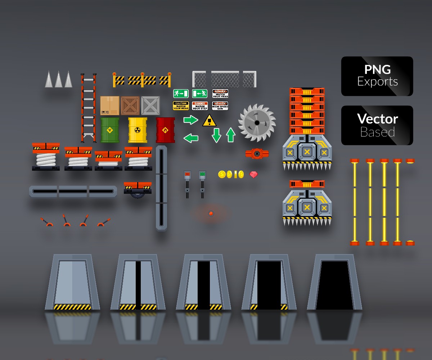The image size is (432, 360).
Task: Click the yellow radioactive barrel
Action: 138,130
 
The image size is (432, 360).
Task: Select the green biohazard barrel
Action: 110,130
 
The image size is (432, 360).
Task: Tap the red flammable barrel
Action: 165,130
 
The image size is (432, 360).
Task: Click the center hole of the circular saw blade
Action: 257,123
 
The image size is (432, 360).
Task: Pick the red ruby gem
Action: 254,175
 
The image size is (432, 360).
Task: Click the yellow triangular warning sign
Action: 209,121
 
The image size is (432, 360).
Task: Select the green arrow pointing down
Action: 216,135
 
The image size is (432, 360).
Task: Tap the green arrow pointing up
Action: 231,135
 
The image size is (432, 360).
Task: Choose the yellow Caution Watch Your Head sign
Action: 181,106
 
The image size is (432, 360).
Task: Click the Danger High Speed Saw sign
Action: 220,106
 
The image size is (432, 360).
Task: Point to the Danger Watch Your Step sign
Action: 200,106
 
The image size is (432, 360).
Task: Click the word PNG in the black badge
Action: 377,69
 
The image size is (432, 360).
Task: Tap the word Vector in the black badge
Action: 377,119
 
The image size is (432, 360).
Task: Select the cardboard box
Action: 110,105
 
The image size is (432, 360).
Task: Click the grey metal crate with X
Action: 150,105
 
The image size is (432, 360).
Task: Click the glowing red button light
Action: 211,213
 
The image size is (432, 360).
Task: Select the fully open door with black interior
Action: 334,284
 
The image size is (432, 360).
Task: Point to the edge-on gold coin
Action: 236,175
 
